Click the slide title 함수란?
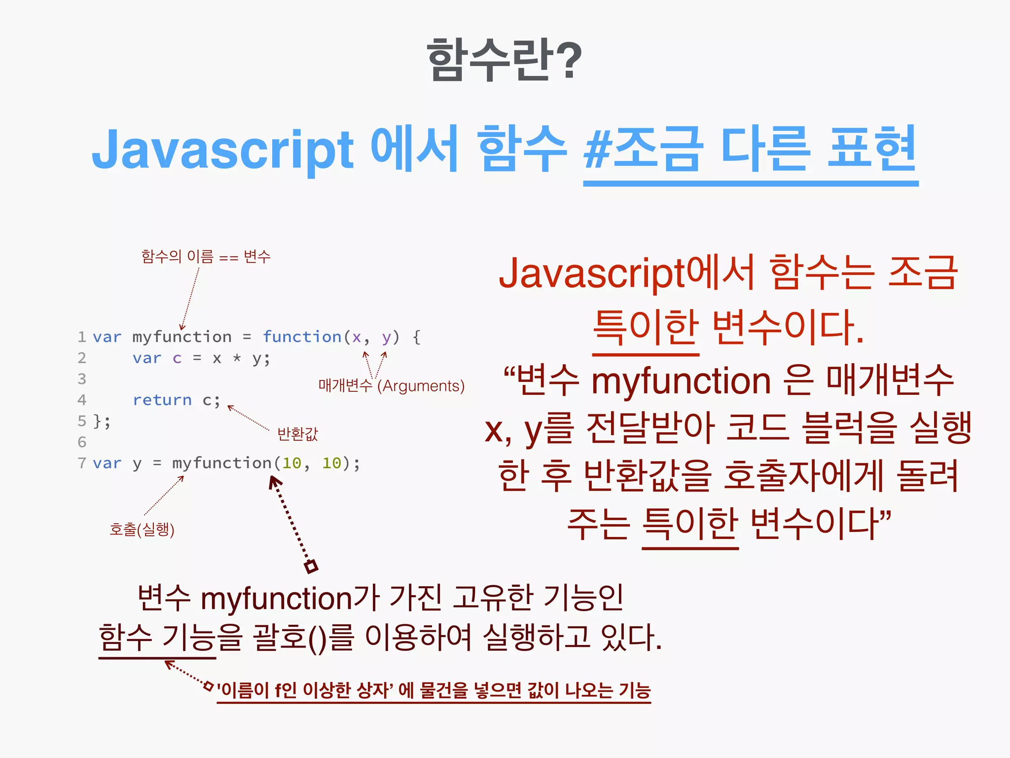pos(504,60)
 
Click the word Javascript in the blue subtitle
pos(222,150)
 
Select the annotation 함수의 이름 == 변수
pos(206,257)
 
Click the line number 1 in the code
pos(82,337)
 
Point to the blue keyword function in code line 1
pos(302,337)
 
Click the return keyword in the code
pos(162,400)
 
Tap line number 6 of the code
pos(82,442)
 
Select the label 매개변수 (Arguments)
pos(391,385)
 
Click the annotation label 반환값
pos(297,434)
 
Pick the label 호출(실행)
pos(142,529)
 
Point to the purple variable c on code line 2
pos(177,358)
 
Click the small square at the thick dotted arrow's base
pos(311,567)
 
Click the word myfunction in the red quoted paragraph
pos(681,381)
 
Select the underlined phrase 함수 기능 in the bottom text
pos(157,637)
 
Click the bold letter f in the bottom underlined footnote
pos(279,690)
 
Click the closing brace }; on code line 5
pos(102,421)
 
